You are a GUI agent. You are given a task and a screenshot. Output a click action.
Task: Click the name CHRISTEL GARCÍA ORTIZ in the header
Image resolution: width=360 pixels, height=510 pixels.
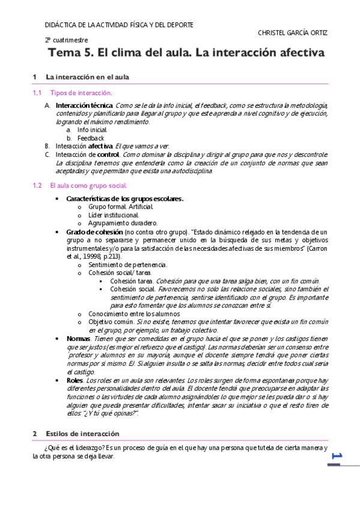[292, 33]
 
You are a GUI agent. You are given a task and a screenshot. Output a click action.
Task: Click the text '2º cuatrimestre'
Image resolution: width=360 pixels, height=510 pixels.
[66, 40]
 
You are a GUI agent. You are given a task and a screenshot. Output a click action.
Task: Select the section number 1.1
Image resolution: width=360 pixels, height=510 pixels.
[37, 93]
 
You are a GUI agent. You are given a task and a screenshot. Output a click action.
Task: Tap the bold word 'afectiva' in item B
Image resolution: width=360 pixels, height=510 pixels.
[100, 146]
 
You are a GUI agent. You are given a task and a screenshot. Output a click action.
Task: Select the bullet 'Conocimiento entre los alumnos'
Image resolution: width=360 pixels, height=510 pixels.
[134, 313]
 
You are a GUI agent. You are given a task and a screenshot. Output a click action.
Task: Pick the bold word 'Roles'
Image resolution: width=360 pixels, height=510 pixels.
[75, 380]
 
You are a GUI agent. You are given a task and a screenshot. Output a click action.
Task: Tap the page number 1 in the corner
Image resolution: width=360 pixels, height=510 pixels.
[337, 457]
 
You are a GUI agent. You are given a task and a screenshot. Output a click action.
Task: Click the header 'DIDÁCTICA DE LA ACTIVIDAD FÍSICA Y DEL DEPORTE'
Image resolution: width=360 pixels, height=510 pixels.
[119, 25]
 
